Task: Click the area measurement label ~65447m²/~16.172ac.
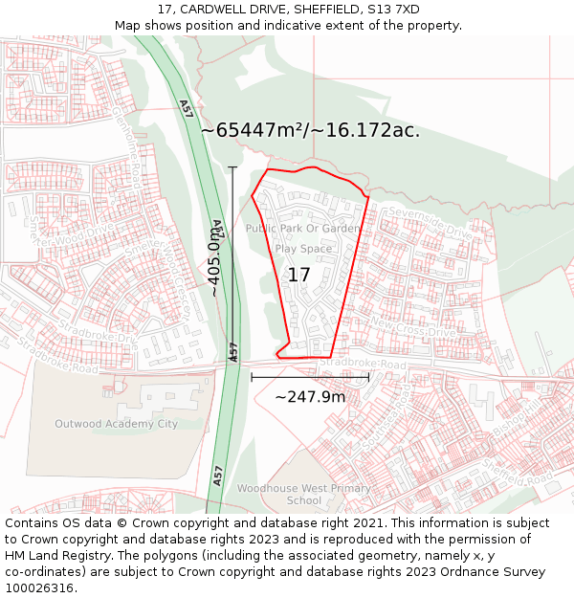[x=310, y=130]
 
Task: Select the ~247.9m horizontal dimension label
[x=310, y=396]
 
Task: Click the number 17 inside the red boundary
[x=298, y=275]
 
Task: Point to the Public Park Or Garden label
[x=303, y=229]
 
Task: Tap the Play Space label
[x=303, y=249]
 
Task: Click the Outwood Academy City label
[x=116, y=424]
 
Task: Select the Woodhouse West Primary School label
[x=304, y=495]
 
